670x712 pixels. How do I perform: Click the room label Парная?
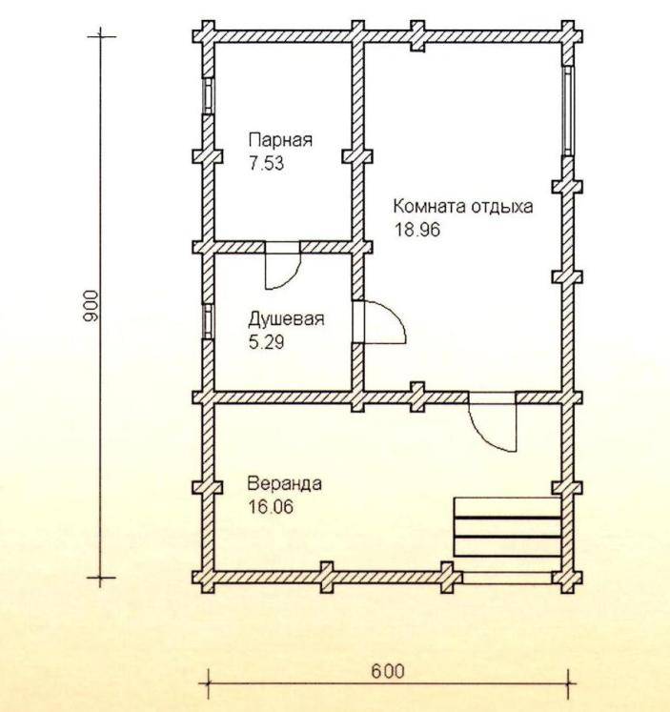[280, 139]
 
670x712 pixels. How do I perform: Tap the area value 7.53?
[267, 163]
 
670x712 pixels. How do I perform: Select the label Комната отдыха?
[463, 207]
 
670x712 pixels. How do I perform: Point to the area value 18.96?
[416, 230]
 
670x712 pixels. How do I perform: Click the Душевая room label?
[287, 318]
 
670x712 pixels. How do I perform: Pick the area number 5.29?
[267, 342]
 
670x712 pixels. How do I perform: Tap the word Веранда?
[285, 483]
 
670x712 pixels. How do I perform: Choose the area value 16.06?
[271, 507]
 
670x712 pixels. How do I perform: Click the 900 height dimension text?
[91, 306]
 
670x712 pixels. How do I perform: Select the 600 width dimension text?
[388, 671]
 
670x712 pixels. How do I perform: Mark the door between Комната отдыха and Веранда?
[493, 422]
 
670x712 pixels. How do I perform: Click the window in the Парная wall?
[208, 95]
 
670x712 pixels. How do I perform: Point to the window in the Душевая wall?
[208, 321]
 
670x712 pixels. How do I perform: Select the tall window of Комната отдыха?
[568, 111]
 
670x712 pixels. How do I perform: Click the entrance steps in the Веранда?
[507, 527]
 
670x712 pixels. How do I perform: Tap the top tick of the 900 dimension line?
[101, 36]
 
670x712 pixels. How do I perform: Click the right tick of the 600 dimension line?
[568, 682]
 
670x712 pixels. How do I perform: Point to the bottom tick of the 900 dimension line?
[101, 578]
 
